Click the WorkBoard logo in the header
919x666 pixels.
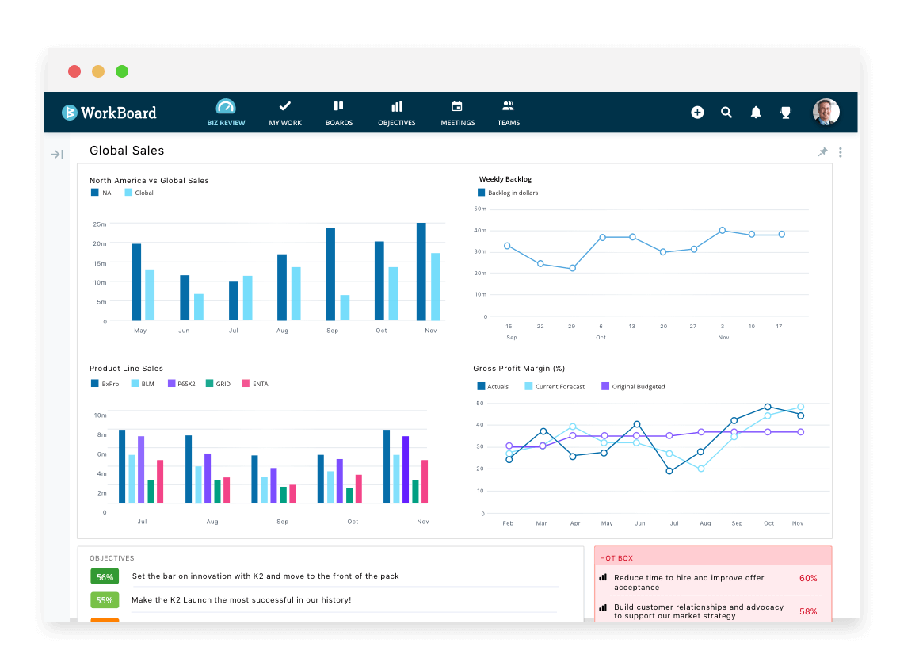pyautogui.click(x=109, y=113)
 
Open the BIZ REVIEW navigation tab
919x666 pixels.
pyautogui.click(x=226, y=113)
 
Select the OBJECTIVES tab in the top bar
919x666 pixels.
pyautogui.click(x=396, y=113)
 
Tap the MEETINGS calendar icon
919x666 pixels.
pyautogui.click(x=457, y=106)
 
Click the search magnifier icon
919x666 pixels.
pyautogui.click(x=726, y=113)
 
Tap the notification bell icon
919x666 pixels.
pyautogui.click(x=756, y=113)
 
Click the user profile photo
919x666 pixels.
pyautogui.click(x=826, y=112)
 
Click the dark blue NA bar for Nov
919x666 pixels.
pyautogui.click(x=421, y=271)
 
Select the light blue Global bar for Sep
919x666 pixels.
pyautogui.click(x=345, y=308)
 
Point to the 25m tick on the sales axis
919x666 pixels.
pyautogui.click(x=99, y=224)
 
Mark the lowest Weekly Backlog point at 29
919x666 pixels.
pyautogui.click(x=572, y=268)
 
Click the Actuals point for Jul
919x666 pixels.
pyautogui.click(x=669, y=471)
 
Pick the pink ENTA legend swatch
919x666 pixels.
pyautogui.click(x=246, y=384)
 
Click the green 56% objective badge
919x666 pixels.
pyautogui.click(x=105, y=576)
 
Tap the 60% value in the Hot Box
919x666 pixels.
pyautogui.click(x=808, y=579)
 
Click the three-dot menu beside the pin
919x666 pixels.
pyautogui.click(x=840, y=152)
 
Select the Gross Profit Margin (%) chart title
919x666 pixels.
pyautogui.click(x=519, y=369)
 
